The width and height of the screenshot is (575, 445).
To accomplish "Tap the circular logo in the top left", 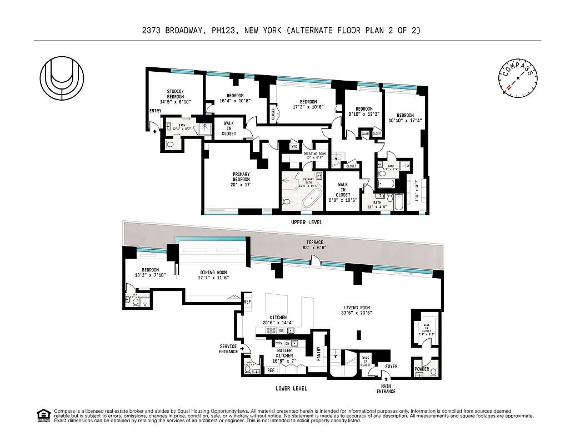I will tap(62, 80).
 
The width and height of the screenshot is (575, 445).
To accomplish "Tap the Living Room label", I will tap(357, 308).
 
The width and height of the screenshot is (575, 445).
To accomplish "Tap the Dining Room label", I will tap(214, 273).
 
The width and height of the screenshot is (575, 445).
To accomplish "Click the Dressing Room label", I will tap(315, 154).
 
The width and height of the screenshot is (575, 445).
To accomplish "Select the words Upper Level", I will tap(306, 222).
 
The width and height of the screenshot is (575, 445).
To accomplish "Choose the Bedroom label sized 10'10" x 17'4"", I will tap(404, 115).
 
